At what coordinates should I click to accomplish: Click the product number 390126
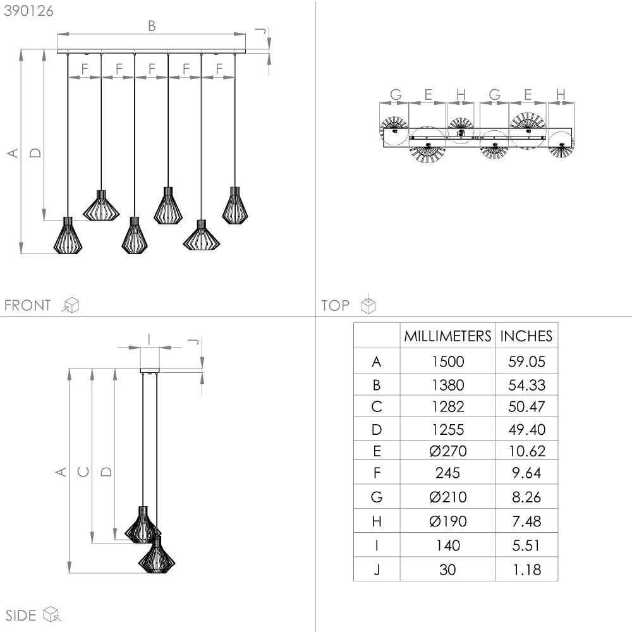[x=28, y=11]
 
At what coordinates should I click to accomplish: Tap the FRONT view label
[x=27, y=306]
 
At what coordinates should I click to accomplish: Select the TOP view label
[x=335, y=306]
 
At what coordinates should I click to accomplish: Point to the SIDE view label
[x=20, y=615]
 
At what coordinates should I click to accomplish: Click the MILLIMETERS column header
[x=447, y=336]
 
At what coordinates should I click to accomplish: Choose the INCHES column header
[x=526, y=336]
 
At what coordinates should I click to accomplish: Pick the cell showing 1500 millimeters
[x=447, y=362]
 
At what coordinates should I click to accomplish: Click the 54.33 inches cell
[x=526, y=385]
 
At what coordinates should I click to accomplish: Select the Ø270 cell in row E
[x=447, y=451]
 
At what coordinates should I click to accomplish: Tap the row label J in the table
[x=377, y=569]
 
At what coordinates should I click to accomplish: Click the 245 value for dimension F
[x=447, y=473]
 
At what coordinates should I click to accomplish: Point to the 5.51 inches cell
[x=526, y=545]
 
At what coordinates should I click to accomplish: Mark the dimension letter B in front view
[x=151, y=26]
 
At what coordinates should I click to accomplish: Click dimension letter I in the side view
[x=149, y=339]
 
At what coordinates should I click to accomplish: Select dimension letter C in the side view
[x=83, y=471]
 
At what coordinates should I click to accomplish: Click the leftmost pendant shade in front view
[x=68, y=236]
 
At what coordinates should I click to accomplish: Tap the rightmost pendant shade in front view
[x=234, y=206]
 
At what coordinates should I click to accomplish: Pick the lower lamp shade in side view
[x=156, y=557]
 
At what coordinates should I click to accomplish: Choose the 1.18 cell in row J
[x=526, y=569]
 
